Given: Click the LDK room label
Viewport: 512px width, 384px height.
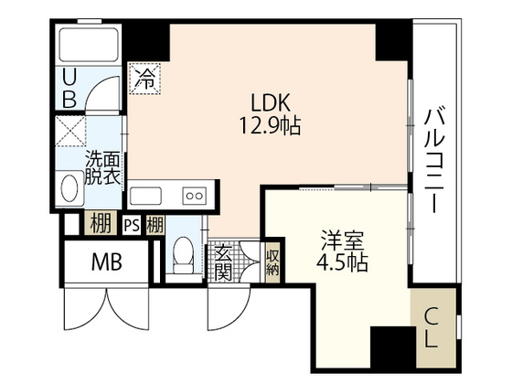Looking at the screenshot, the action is click(271, 102).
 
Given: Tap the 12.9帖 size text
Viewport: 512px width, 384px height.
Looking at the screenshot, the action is click(271, 126).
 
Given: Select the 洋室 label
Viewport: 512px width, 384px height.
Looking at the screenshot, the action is click(342, 240).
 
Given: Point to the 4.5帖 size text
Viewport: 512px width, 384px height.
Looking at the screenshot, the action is click(342, 262).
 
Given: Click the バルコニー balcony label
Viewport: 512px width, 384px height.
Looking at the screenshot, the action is click(434, 161).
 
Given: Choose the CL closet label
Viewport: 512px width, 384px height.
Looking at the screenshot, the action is click(432, 327).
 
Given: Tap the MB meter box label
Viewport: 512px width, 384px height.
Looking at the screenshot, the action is click(107, 261).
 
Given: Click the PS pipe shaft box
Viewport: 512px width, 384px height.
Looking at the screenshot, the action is click(132, 225).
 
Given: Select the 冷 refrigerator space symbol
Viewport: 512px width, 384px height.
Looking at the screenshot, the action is click(144, 79).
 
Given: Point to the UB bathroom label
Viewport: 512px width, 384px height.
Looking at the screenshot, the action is click(69, 89).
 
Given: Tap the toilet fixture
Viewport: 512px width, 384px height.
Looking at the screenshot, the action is click(183, 255).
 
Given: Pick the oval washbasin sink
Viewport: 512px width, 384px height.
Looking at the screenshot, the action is click(69, 188).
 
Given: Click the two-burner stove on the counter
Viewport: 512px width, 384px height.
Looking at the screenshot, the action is click(195, 196).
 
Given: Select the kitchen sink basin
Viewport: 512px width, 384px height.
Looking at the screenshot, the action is click(145, 196).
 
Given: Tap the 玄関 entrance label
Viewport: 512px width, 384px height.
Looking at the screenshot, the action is click(224, 262).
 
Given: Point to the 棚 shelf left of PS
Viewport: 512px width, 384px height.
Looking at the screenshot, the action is click(101, 223).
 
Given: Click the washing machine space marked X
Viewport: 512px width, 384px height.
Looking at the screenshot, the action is click(70, 131).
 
